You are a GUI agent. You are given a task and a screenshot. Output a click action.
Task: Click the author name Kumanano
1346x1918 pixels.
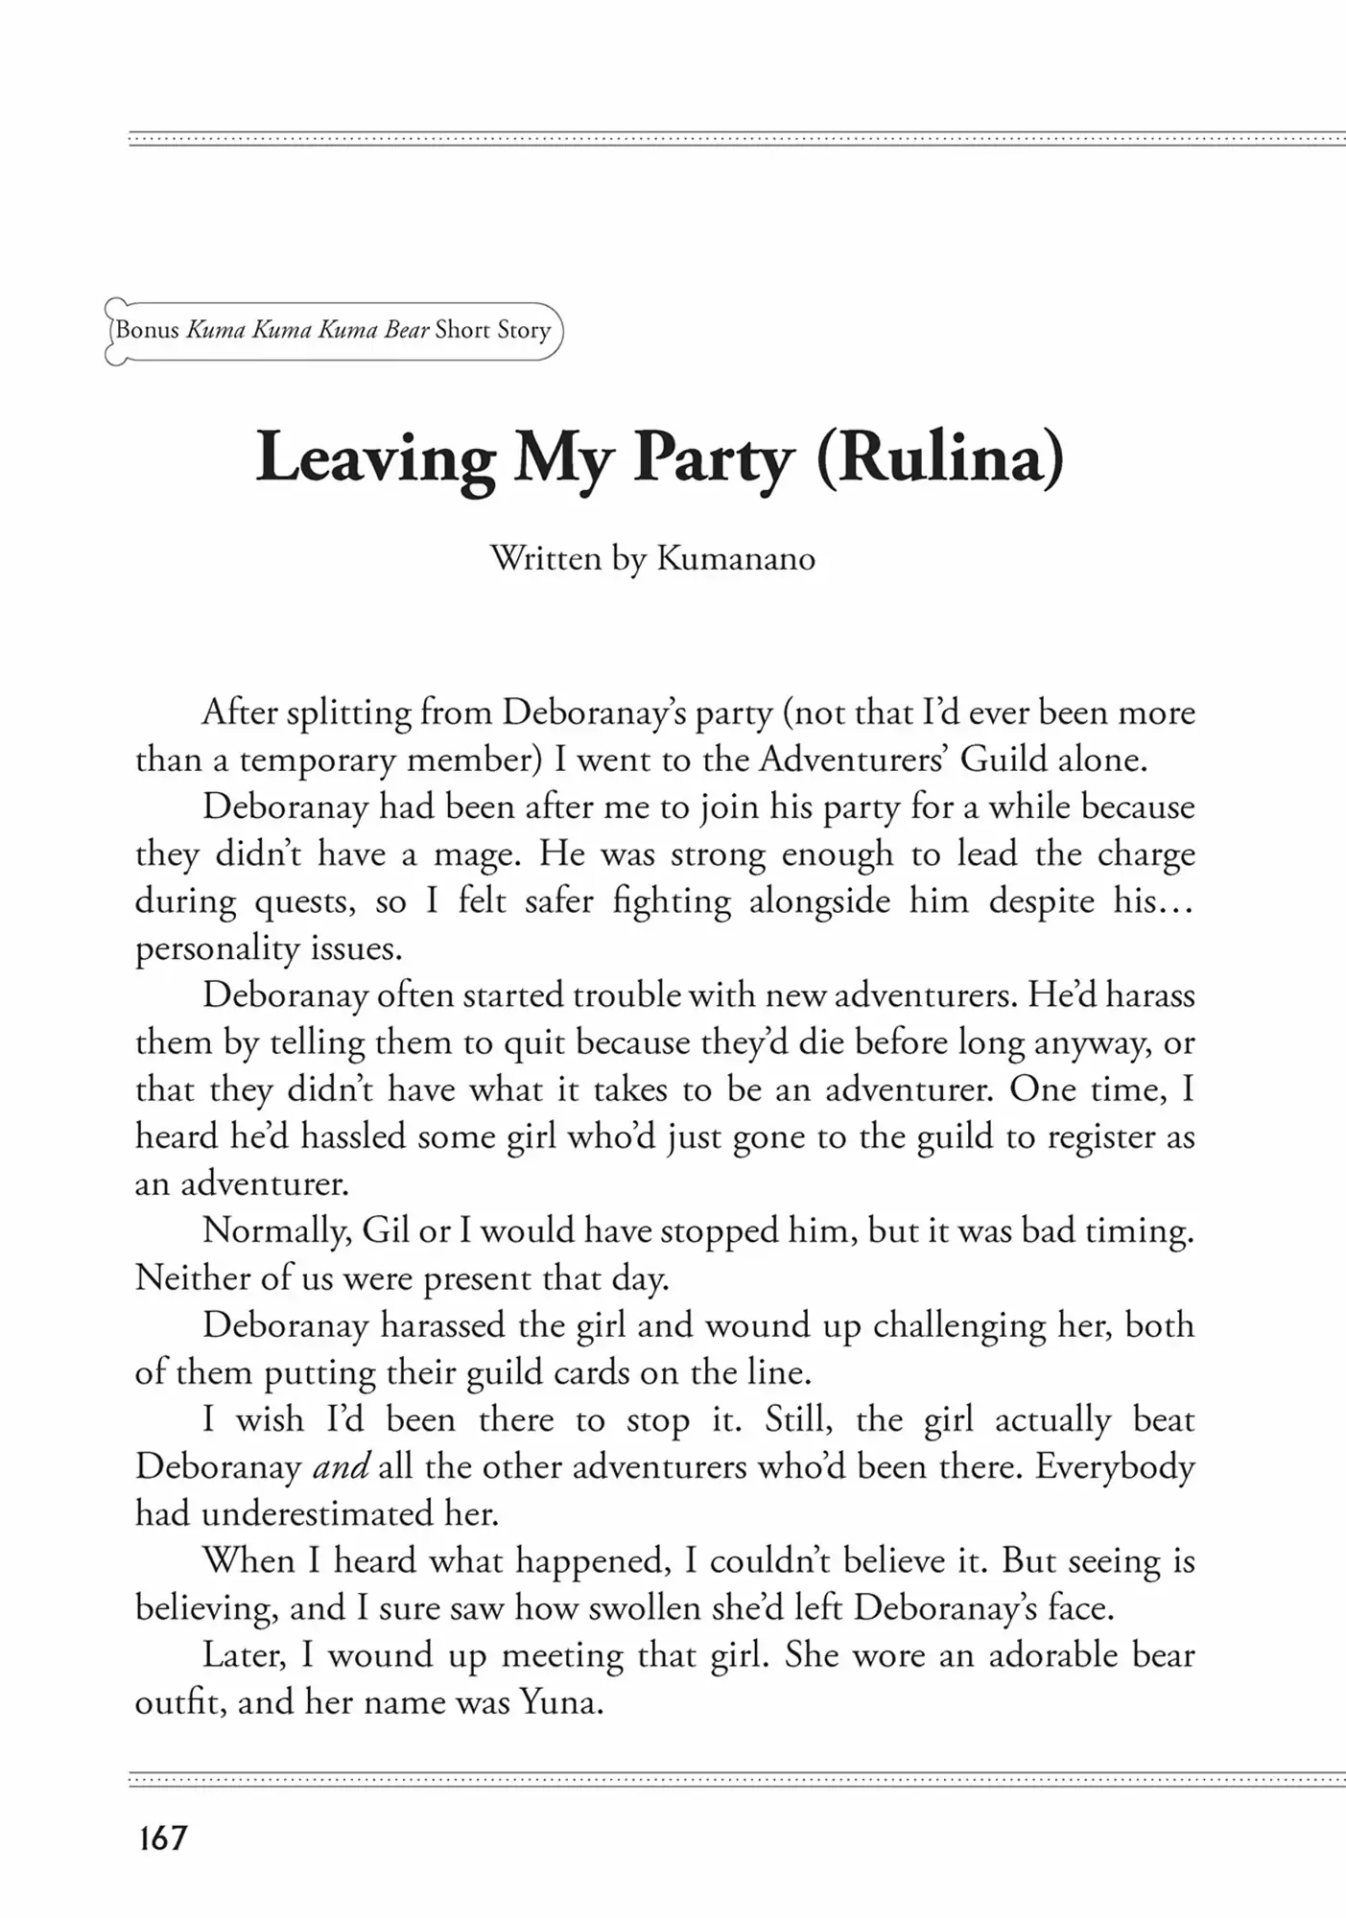pos(735,558)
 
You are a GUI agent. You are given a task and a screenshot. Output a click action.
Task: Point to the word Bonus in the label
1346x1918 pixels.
pos(148,330)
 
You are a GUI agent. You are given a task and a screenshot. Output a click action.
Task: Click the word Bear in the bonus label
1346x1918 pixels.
pos(406,330)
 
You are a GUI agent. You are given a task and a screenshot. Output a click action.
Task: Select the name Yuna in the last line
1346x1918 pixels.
pos(560,1702)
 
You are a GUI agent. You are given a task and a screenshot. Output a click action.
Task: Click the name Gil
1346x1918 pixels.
pos(386,1231)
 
